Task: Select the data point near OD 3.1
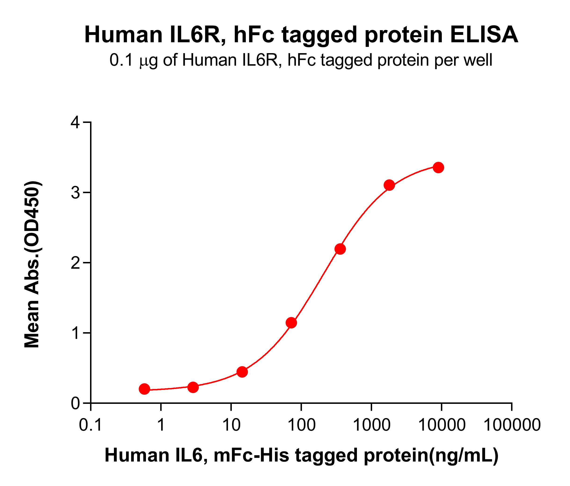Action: click(389, 185)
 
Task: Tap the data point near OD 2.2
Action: click(340, 249)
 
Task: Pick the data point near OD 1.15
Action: click(291, 323)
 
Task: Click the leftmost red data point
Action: click(144, 389)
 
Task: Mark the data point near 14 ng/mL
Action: click(242, 372)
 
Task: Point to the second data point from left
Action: click(193, 387)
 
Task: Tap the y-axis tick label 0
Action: click(75, 404)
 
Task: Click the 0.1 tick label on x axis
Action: click(91, 425)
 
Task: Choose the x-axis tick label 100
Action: click(301, 425)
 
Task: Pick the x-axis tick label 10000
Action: click(442, 425)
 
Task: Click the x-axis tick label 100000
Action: click(512, 425)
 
